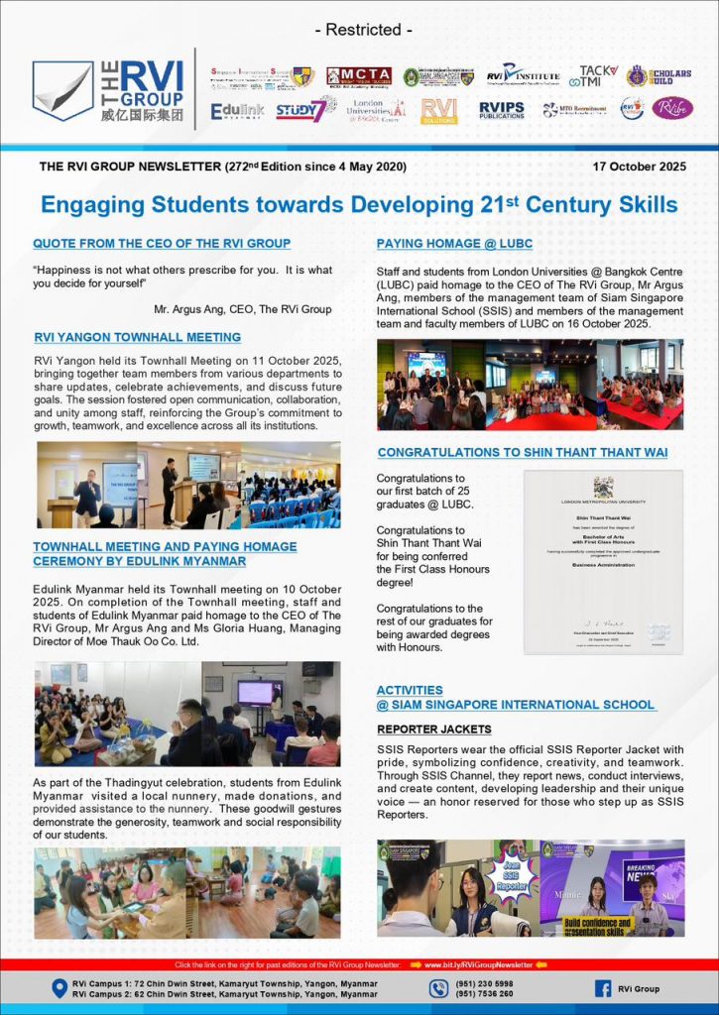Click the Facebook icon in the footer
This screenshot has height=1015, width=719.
coord(602,988)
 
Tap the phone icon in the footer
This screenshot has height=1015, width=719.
coord(439,988)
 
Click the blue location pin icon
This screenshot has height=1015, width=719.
coord(59,988)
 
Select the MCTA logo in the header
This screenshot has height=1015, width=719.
coord(358,76)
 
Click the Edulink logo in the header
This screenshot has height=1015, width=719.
coord(237,111)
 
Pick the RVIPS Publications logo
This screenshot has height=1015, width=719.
coord(502,110)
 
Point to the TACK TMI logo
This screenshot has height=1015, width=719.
coord(598,75)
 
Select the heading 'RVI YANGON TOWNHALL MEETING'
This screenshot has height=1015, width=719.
coord(137,337)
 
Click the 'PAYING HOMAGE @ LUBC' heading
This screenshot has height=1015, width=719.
coord(457,243)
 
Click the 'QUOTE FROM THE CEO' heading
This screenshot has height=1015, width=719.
coord(162,243)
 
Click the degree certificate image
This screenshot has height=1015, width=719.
coord(603,561)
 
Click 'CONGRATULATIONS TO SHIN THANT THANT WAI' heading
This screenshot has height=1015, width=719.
coord(522,453)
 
